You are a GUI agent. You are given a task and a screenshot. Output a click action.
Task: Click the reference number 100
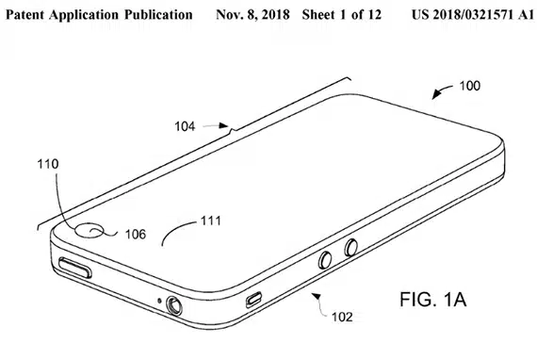pos(469,86)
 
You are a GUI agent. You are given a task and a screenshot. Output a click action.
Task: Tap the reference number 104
pos(185,126)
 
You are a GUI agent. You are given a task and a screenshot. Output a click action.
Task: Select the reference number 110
pos(48,164)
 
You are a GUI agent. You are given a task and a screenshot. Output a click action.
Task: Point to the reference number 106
pos(136,235)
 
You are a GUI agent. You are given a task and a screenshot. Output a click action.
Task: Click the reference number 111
pos(211,221)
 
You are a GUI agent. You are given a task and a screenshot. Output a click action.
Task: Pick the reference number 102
pos(342,317)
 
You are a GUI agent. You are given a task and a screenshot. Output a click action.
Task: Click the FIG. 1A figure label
pos(432,299)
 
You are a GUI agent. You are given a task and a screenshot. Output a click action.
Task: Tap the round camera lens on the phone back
pos(89,231)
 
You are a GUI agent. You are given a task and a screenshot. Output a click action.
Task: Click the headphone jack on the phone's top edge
pos(174,305)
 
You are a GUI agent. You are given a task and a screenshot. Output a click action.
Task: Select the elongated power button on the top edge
pos(75,268)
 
